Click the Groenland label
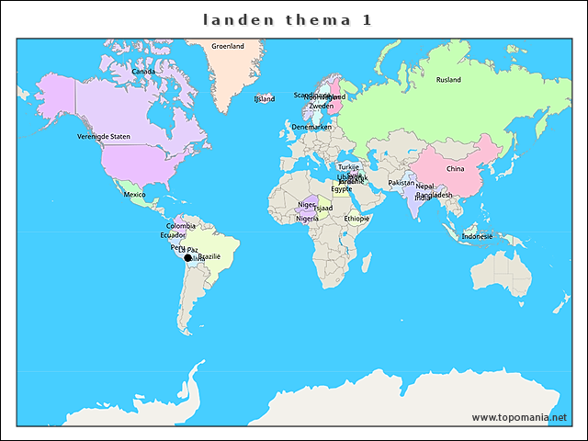point(228,46)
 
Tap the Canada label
point(142,71)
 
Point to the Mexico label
point(135,195)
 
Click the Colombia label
point(180,225)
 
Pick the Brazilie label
point(209,256)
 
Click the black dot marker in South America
point(188,259)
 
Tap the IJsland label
point(265,98)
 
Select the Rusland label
point(448,80)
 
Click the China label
point(455,169)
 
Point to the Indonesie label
point(477,236)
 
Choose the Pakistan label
point(401,183)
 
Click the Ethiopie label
point(356,219)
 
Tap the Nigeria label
point(307,219)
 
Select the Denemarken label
point(311,127)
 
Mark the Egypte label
point(341,189)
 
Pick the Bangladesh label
point(434,195)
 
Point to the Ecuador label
point(173,235)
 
